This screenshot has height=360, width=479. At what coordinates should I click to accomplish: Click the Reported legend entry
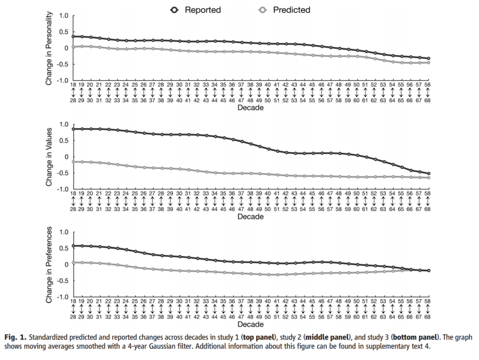(x=195, y=10)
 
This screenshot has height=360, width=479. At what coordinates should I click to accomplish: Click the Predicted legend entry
(x=284, y=10)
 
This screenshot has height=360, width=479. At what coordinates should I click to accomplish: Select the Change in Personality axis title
(x=49, y=48)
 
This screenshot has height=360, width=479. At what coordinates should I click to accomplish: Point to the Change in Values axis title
(x=49, y=157)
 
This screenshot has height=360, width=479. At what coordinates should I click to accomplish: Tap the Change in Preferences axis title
(x=49, y=265)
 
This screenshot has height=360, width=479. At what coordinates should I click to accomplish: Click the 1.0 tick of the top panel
(x=64, y=16)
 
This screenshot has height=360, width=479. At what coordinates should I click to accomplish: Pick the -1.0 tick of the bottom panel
(x=62, y=297)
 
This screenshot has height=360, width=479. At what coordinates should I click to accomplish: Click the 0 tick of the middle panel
(x=67, y=157)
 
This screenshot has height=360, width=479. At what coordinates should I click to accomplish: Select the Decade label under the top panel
(x=250, y=108)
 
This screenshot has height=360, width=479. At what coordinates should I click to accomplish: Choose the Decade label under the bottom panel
(x=250, y=324)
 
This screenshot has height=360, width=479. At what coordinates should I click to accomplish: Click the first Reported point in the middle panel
(x=73, y=129)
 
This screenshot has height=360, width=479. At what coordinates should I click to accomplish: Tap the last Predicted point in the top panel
(x=428, y=62)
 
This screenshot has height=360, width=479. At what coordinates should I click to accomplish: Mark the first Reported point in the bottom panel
(x=73, y=246)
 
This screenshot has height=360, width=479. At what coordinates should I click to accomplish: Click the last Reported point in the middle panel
(x=428, y=173)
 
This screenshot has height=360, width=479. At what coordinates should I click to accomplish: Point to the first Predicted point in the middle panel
(x=73, y=162)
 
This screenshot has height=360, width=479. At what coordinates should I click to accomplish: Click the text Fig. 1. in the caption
(x=16, y=337)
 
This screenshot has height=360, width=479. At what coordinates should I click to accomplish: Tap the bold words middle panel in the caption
(x=327, y=337)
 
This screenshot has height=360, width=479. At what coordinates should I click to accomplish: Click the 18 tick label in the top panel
(x=73, y=84)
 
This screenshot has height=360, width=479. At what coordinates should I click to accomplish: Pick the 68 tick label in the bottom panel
(x=427, y=317)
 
